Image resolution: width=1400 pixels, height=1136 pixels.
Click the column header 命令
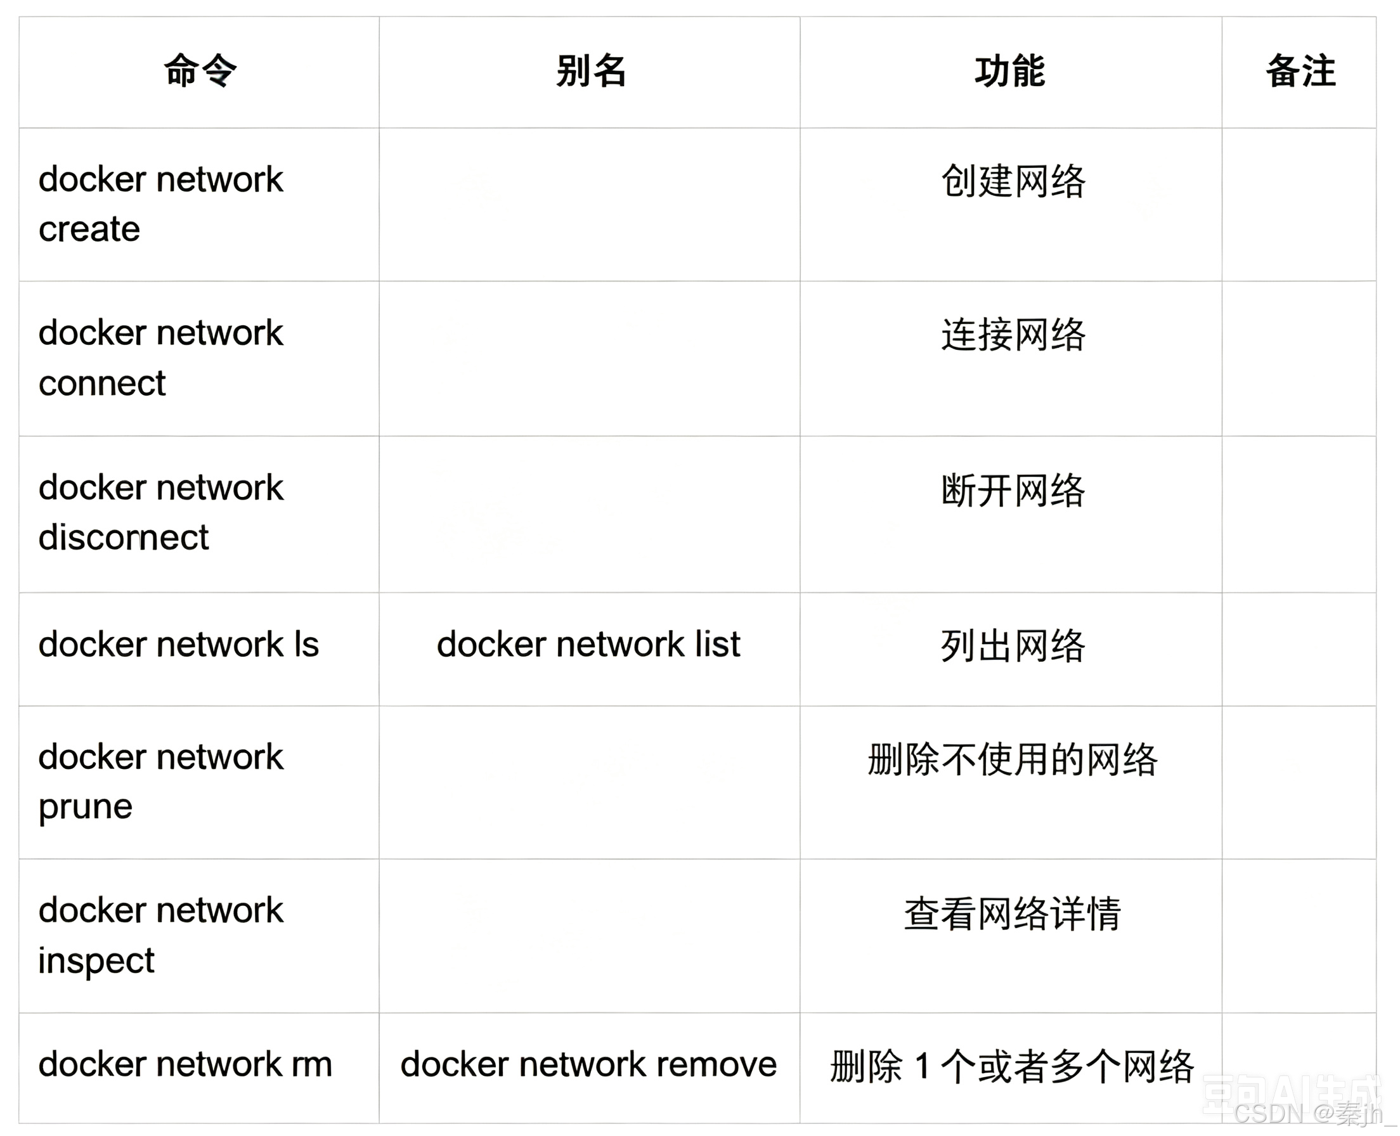point(200,70)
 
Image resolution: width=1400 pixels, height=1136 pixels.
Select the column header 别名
point(590,70)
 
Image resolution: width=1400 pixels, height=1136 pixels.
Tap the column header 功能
point(1010,70)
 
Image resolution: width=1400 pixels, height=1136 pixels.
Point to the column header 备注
point(1300,70)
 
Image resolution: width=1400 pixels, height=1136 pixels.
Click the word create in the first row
point(89,229)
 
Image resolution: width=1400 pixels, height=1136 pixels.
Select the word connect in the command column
point(101,384)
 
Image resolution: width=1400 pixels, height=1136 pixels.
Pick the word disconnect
point(123,537)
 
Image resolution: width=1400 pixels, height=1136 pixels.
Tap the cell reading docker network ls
point(178,645)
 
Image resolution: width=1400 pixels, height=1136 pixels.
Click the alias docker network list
point(588,645)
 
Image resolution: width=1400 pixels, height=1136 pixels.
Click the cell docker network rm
point(185,1064)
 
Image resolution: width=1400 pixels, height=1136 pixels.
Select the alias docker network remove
point(588,1064)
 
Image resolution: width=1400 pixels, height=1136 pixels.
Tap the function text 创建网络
point(1013,181)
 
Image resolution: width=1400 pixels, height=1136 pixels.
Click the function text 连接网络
point(1013,335)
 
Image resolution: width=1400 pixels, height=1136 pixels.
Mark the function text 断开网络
point(1013,490)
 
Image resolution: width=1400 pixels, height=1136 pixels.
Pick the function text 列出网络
point(1013,646)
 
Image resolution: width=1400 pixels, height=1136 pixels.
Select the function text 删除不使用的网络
point(1013,759)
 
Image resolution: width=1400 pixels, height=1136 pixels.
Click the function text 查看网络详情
point(1013,913)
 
